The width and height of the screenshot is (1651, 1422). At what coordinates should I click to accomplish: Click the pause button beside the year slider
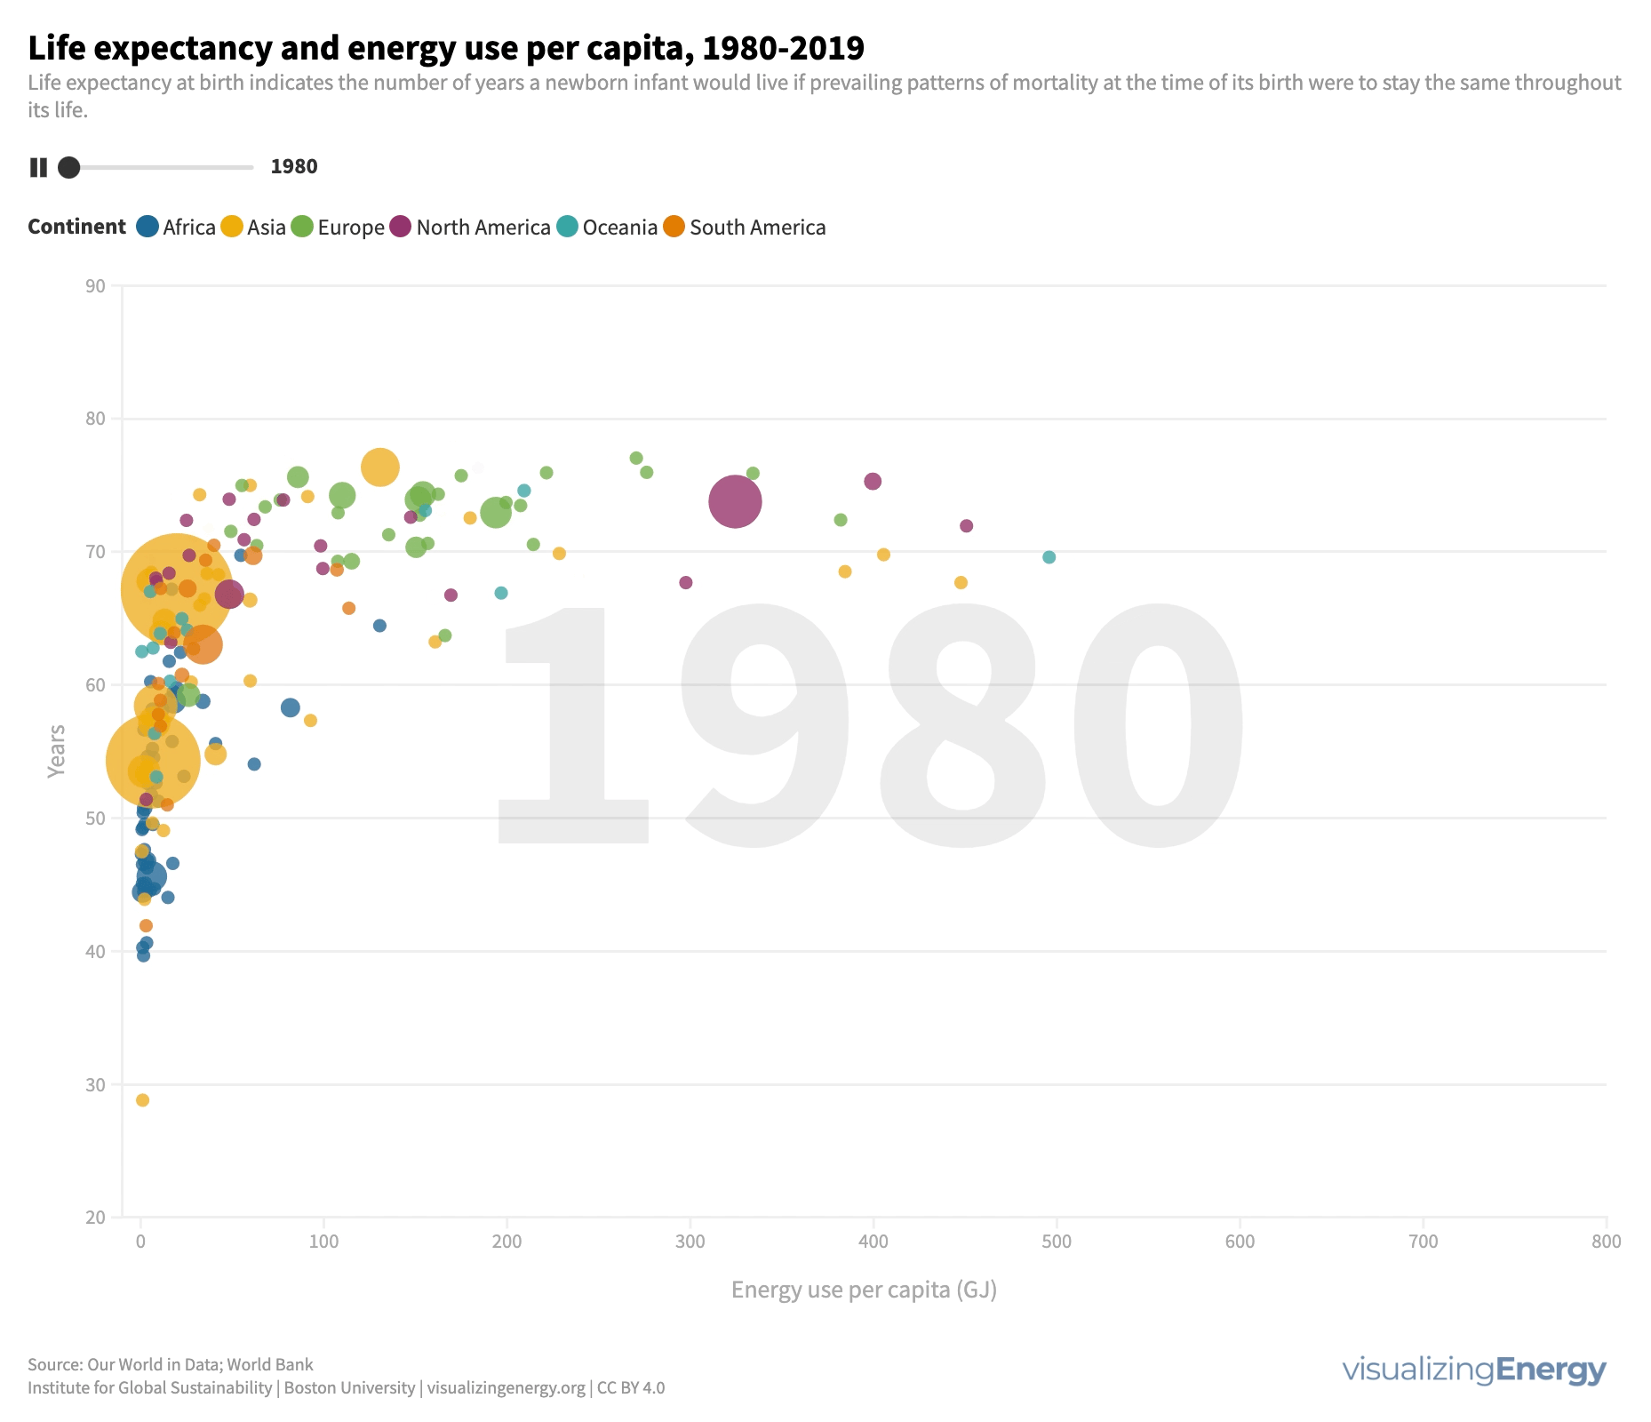click(x=38, y=167)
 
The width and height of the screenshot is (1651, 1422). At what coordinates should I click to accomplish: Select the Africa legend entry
click(x=176, y=228)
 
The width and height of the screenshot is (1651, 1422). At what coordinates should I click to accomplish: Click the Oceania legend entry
click(x=607, y=228)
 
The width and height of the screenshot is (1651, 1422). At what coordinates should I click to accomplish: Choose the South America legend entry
click(x=745, y=228)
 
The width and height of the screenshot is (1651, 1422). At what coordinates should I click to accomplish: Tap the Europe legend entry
click(x=338, y=228)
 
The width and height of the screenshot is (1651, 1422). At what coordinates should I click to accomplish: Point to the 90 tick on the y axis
click(x=96, y=286)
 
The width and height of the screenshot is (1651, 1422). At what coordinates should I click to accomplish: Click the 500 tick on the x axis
click(x=1057, y=1242)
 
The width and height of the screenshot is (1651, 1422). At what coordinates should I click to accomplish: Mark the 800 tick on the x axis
click(x=1607, y=1242)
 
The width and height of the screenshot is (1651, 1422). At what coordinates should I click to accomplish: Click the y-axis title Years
click(x=57, y=751)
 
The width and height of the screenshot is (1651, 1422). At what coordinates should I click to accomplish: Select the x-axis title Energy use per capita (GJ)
click(x=864, y=1290)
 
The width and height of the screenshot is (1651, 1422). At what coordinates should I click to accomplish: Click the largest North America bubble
click(x=735, y=501)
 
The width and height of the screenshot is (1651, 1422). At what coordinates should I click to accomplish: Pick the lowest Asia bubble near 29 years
click(x=142, y=1100)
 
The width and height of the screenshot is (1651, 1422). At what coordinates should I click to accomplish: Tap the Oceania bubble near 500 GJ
click(x=1049, y=557)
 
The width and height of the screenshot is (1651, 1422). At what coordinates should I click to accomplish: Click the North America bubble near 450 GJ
click(x=966, y=526)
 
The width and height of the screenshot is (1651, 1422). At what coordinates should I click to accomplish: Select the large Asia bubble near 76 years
click(x=380, y=467)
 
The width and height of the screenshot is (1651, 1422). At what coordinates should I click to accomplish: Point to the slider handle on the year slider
click(x=68, y=167)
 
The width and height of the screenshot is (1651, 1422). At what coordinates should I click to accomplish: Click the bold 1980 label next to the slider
click(x=294, y=167)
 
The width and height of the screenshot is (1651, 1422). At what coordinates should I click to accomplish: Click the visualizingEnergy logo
click(x=1474, y=1370)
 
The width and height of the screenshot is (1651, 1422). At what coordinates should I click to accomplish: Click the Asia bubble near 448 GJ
click(x=961, y=583)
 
